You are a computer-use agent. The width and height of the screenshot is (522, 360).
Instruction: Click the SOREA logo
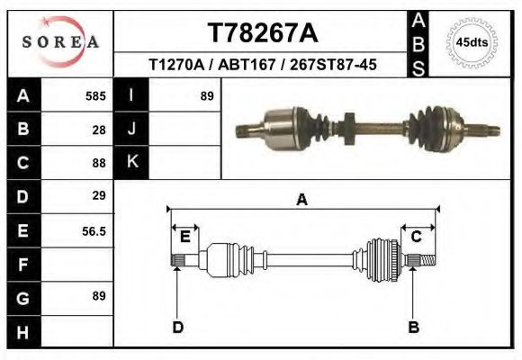pos(60,42)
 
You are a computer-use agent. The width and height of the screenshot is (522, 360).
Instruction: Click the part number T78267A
pos(262,32)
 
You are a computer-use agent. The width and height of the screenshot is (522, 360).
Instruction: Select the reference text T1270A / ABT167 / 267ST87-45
pos(262,65)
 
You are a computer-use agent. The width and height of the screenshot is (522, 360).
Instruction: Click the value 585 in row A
pos(95,95)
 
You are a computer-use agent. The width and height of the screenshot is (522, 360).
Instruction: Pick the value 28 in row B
pos(99,129)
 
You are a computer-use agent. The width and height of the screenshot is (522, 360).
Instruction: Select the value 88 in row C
pos(99,163)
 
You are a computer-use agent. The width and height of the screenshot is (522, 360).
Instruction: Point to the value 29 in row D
pos(99,195)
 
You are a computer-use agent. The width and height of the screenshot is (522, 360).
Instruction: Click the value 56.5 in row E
pos(94,230)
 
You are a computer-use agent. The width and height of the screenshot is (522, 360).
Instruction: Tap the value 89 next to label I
pos(206,95)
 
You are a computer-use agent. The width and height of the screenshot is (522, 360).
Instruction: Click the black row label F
pos(22,265)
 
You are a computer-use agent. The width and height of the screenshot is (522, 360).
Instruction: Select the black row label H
pos(22,332)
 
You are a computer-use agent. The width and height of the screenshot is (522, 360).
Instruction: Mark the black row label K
pos(131,162)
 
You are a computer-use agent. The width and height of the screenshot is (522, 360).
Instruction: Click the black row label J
pos(131,129)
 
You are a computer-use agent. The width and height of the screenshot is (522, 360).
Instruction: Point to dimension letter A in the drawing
pos(301,200)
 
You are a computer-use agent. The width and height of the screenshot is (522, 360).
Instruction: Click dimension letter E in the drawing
pos(184,237)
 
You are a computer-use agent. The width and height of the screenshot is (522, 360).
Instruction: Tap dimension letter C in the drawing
pos(417,236)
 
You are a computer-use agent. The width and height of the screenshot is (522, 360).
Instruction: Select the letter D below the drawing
pos(177,327)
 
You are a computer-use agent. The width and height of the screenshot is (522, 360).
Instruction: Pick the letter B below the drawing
pos(414,327)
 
